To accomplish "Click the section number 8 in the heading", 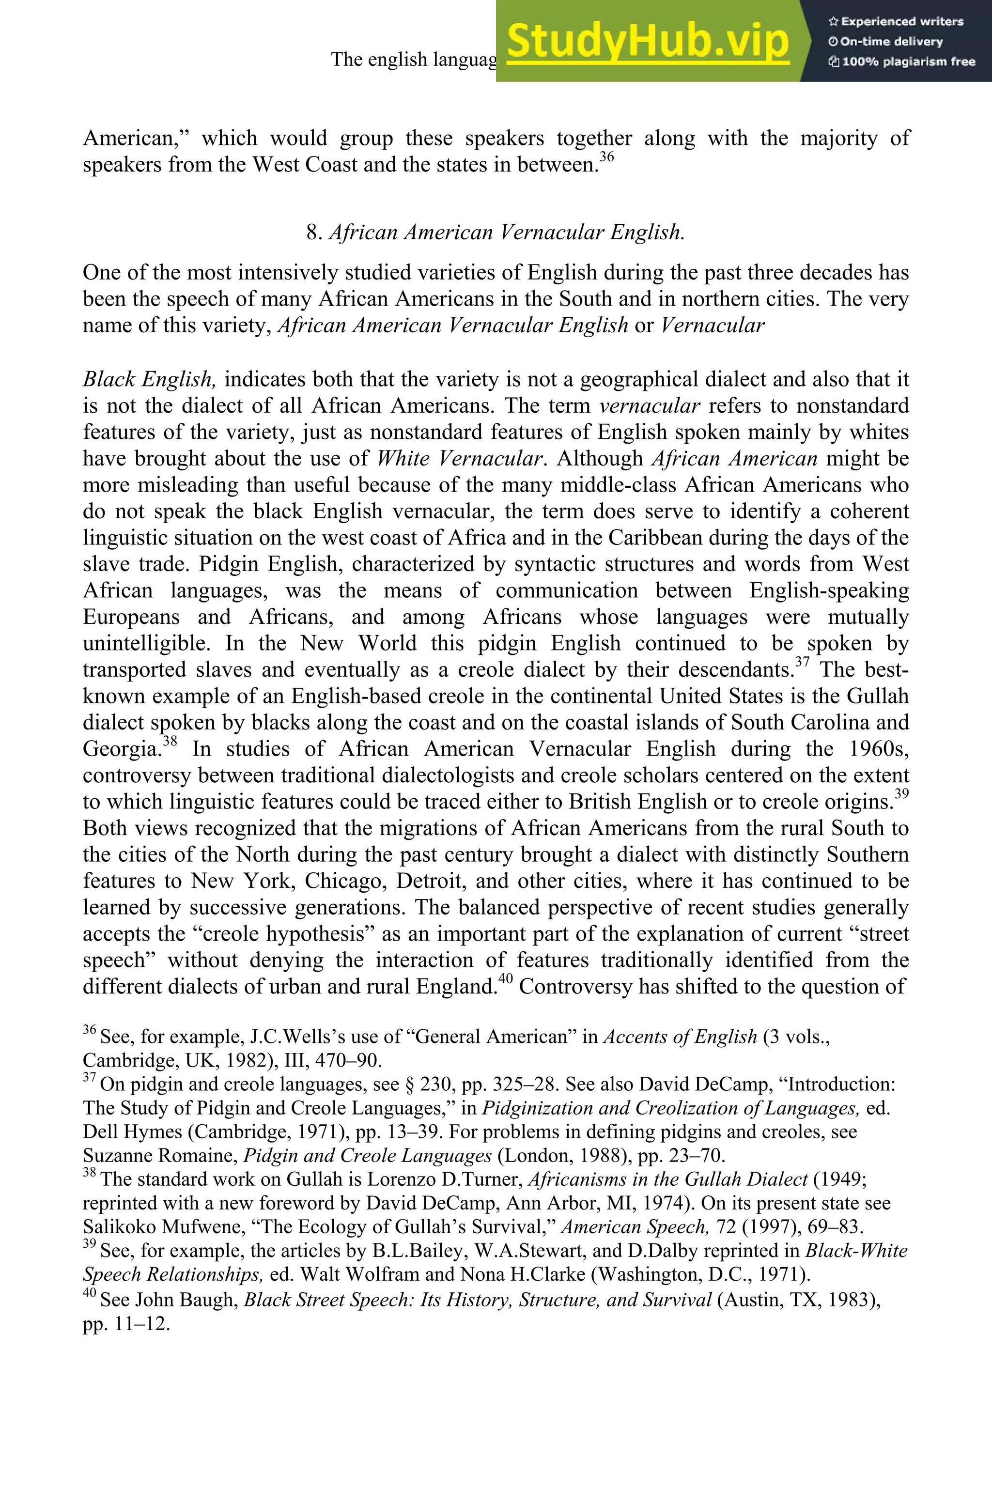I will (312, 233).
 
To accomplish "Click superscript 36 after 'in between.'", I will (607, 156).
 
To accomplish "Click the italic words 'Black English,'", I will (150, 380).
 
